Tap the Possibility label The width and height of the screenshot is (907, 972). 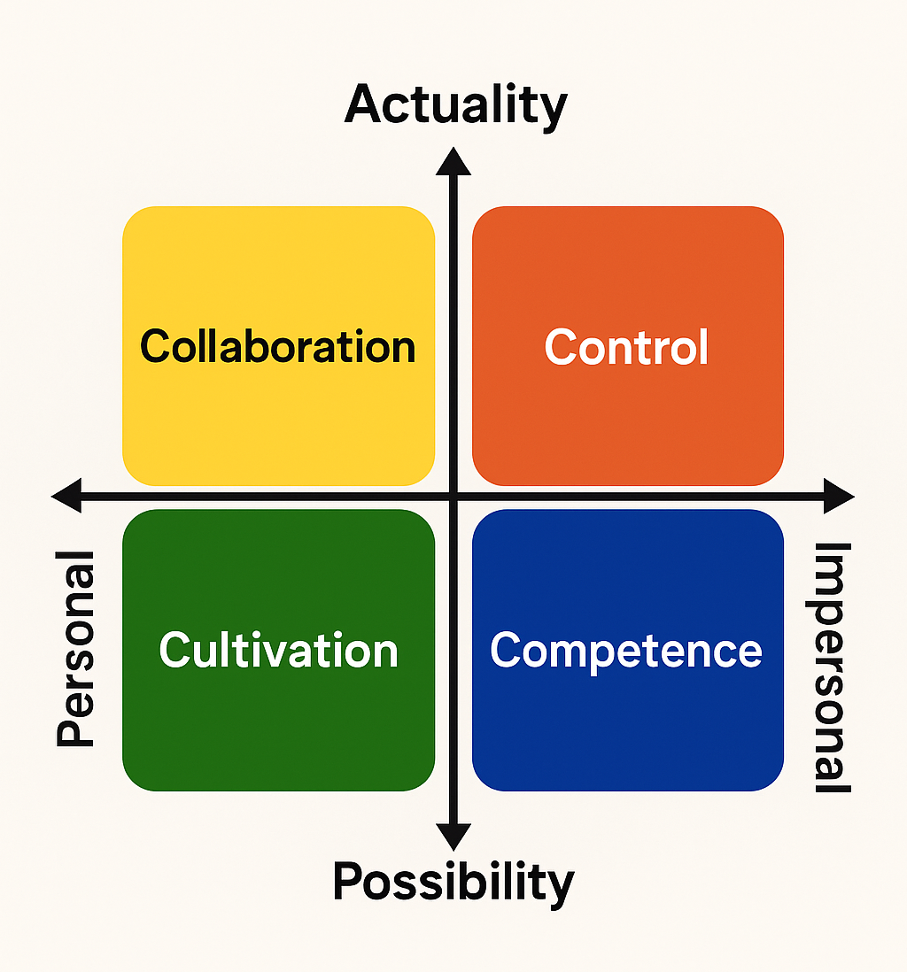[x=453, y=882]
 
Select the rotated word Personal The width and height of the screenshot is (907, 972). [x=76, y=648]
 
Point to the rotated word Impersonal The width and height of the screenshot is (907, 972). [x=832, y=667]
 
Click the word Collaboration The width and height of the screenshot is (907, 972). [x=278, y=346]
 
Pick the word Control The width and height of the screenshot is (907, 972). [x=627, y=346]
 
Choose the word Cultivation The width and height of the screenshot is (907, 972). [x=278, y=651]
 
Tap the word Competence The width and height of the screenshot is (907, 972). [x=627, y=651]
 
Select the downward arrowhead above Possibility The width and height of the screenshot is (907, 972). [x=453, y=836]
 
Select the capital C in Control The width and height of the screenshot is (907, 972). [x=560, y=347]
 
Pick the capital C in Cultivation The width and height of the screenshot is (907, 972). [x=175, y=651]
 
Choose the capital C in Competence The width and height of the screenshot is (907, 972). [x=506, y=651]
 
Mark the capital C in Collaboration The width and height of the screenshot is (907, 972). [x=156, y=346]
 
